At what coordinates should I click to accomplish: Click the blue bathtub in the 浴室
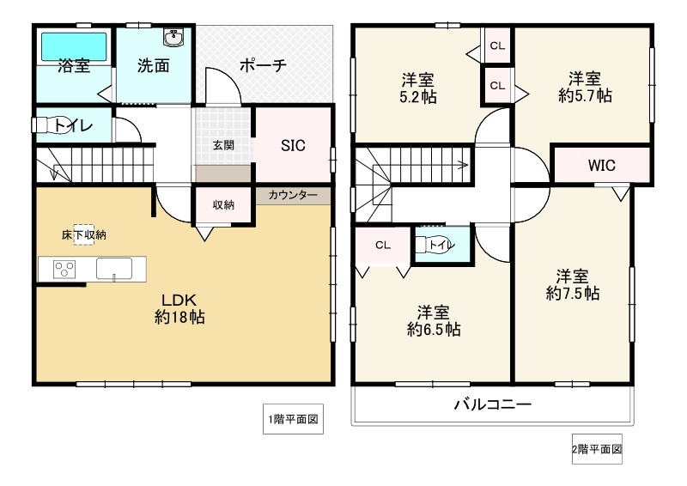tap(74, 47)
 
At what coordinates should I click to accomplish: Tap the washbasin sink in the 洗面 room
tap(173, 38)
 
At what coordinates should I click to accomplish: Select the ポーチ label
tap(263, 66)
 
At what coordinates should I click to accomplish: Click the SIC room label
tap(293, 145)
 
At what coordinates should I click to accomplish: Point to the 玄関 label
tap(223, 145)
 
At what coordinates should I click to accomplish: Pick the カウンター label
tap(293, 195)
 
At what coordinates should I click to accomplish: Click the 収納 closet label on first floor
tap(223, 204)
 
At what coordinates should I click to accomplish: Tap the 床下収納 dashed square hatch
tap(83, 234)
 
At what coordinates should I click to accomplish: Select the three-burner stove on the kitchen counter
tap(64, 269)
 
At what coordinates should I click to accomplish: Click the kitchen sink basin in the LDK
tap(114, 268)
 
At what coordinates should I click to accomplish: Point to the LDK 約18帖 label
tap(179, 308)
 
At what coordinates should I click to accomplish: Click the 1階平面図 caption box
tap(293, 419)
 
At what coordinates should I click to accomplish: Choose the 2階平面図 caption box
tap(597, 449)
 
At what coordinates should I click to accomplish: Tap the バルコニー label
tap(492, 404)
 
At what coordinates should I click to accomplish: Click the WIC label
tap(602, 165)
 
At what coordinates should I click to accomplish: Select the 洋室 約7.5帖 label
tap(573, 285)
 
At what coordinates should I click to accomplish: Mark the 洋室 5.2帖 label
tap(418, 88)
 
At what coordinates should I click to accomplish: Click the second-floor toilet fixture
tap(433, 245)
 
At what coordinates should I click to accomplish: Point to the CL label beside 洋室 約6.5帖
tap(383, 245)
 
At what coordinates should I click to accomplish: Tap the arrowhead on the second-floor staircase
tap(463, 165)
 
